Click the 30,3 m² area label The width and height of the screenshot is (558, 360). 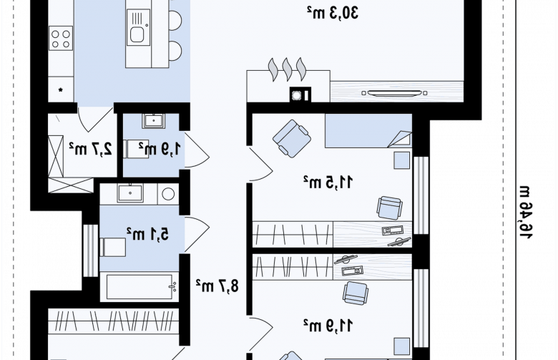pos(333,13)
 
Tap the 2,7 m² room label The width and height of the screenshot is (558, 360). pos(90,148)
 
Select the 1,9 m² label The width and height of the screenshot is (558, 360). pos(160,148)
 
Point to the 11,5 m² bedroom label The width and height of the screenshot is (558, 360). pos(328,182)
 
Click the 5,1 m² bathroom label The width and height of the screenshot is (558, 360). pos(147,234)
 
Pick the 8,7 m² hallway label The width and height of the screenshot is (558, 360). pos(217,286)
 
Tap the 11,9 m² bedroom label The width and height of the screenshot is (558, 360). pos(328,325)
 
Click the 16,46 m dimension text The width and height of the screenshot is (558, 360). pos(526,213)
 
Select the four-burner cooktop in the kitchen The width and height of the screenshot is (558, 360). pos(61,38)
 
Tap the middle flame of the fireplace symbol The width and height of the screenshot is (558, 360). pos(287,69)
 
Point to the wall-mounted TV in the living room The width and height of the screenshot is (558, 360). pos(394,93)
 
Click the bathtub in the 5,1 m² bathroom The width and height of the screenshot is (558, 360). pos(139,287)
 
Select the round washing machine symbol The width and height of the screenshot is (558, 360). pos(168,194)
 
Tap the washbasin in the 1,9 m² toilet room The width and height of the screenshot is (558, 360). pos(153,121)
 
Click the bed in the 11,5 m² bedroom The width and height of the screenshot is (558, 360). pos(368,131)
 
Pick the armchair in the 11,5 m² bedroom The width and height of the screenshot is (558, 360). pos(292,139)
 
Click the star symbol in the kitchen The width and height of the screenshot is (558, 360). pos(61,90)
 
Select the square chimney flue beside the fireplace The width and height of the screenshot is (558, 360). pos(300,94)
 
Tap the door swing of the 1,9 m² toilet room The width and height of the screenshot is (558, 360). pos(197,150)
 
